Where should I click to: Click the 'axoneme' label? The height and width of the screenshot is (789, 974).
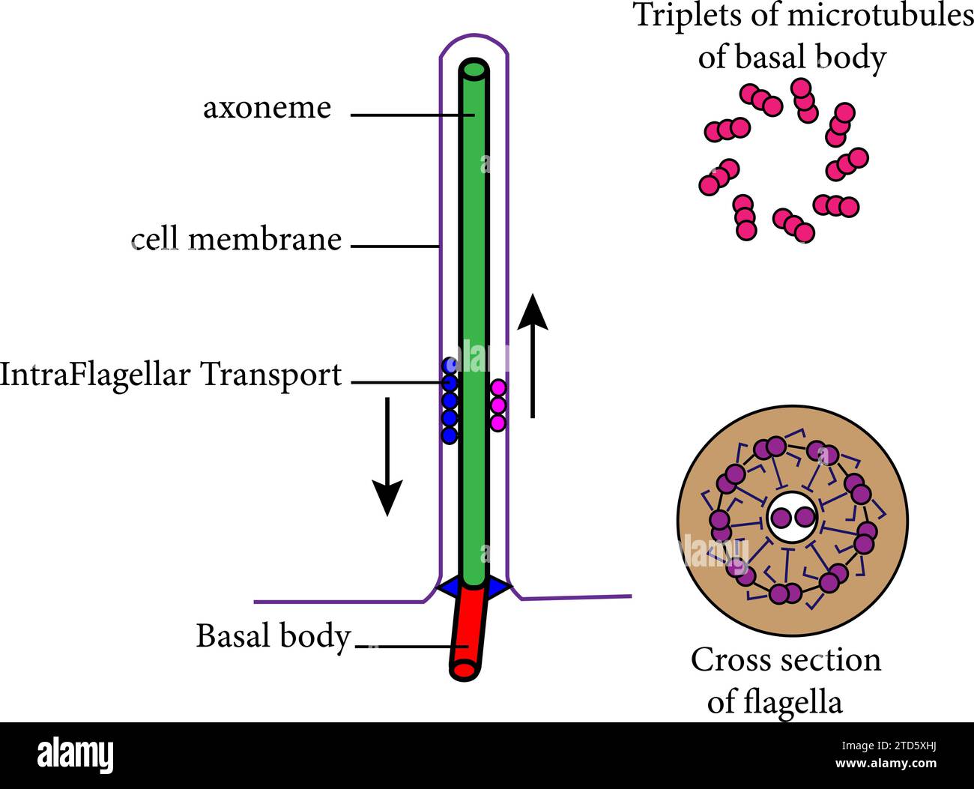tap(267, 108)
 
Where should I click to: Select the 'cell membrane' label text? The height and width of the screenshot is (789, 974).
tap(236, 240)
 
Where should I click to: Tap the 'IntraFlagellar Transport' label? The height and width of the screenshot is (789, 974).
tap(171, 374)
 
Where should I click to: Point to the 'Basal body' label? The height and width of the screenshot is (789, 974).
tap(273, 636)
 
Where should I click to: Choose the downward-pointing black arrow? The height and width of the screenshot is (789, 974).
tap(387, 456)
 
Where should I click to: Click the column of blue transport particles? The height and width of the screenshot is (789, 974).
tap(450, 401)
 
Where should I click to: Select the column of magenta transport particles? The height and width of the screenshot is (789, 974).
tap(498, 405)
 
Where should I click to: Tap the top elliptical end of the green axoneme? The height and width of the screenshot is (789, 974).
tap(474, 70)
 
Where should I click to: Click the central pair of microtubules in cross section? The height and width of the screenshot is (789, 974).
tap(793, 518)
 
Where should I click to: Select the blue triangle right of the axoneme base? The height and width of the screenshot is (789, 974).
tap(498, 587)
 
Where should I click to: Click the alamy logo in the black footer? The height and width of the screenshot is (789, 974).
tap(76, 755)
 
